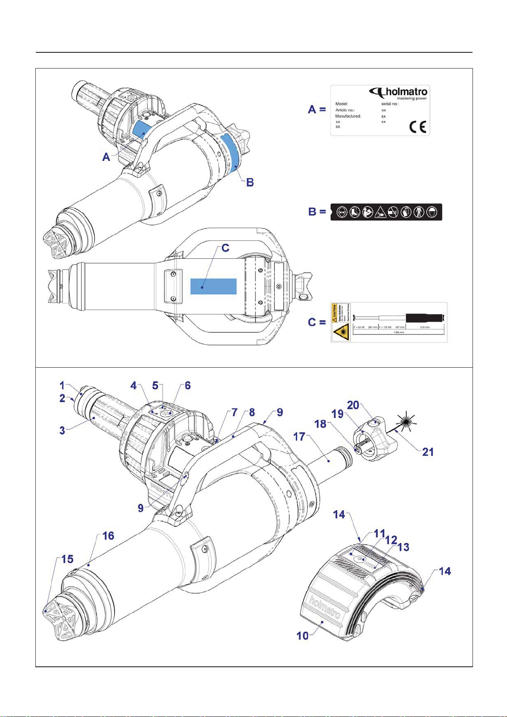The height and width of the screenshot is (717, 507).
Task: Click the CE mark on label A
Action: tap(417, 127)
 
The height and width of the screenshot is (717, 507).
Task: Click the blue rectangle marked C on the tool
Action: tap(213, 286)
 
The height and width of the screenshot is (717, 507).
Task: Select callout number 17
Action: tap(299, 437)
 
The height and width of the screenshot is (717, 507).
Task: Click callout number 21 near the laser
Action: tap(427, 451)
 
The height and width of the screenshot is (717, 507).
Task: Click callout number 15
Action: tap(67, 559)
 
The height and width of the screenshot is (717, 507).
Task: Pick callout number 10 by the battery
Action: tap(302, 635)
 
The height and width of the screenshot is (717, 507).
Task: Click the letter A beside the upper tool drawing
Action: tap(106, 157)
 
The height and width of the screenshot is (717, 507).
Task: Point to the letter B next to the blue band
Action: tap(250, 182)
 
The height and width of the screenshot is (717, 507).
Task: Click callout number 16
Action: tap(109, 536)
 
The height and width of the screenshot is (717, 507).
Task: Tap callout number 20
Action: tap(353, 405)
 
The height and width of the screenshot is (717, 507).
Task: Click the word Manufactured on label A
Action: tap(348, 116)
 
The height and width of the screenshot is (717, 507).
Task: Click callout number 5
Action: tap(155, 386)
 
